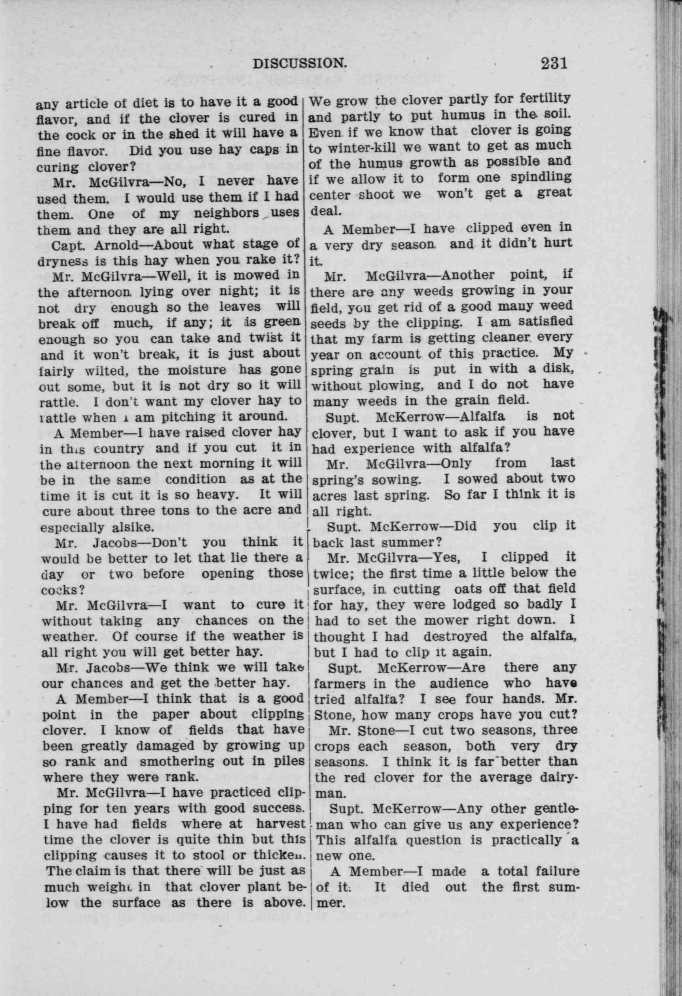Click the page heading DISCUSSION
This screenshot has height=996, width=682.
click(299, 63)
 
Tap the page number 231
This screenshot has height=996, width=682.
click(554, 63)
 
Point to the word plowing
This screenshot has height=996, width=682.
click(397, 385)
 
